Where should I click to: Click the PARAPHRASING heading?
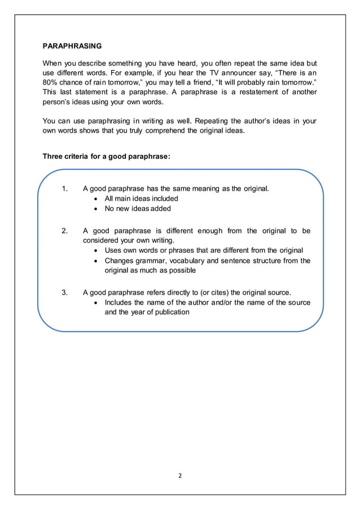(x=73, y=45)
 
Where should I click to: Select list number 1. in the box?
(x=65, y=188)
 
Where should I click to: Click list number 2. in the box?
(x=65, y=230)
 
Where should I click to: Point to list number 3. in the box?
(x=65, y=292)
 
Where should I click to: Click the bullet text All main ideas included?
(x=142, y=198)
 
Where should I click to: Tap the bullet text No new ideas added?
(x=138, y=208)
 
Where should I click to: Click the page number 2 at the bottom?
(x=179, y=475)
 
